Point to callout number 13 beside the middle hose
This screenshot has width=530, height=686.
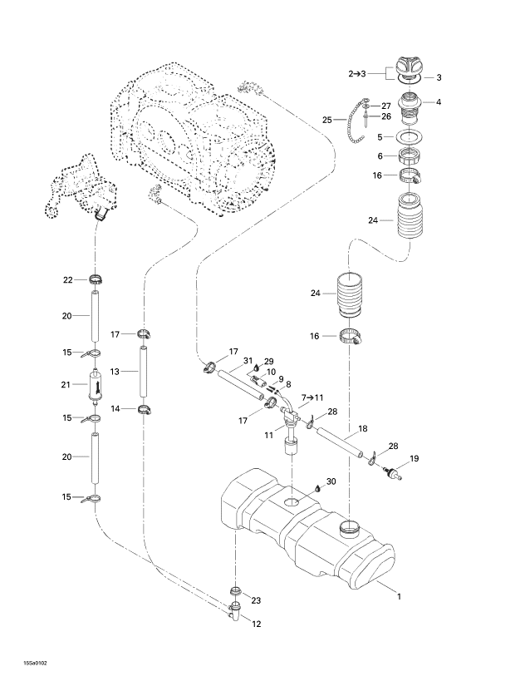tap(117, 372)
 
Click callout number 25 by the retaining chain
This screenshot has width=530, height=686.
tap(328, 120)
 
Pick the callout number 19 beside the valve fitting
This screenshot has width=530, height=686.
tap(414, 457)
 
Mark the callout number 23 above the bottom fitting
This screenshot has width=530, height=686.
tap(256, 600)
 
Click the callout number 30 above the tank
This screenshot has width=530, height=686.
tap(331, 481)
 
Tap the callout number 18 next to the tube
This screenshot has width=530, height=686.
tap(362, 430)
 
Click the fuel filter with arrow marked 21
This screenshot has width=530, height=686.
tap(96, 388)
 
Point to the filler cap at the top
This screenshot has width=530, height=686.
tap(409, 67)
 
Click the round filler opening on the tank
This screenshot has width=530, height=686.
tap(349, 527)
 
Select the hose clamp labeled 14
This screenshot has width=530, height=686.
tap(145, 408)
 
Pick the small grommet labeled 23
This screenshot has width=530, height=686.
tap(235, 591)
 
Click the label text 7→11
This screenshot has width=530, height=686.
tap(314, 397)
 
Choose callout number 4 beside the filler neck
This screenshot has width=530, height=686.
tap(439, 102)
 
